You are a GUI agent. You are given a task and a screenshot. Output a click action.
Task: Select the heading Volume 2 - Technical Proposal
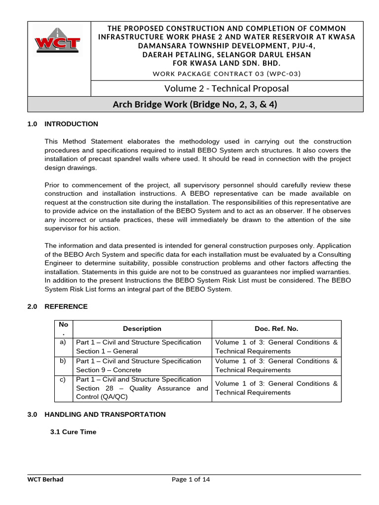pos(227,88)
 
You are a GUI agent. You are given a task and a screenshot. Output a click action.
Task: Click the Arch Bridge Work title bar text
pos(195,104)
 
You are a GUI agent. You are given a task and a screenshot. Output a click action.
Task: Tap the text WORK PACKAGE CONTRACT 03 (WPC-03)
pos(227,73)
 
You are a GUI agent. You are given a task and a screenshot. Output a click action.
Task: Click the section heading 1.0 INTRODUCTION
pos(63,124)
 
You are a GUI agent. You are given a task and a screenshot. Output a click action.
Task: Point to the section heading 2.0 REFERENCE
pos(58,306)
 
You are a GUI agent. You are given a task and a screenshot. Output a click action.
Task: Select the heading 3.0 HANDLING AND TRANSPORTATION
pos(97,414)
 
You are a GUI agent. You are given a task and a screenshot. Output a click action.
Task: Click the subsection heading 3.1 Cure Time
pos(74,432)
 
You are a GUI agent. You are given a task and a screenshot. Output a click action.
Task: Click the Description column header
pos(142,328)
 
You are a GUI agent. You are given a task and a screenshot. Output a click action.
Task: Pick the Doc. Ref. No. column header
pos(276,328)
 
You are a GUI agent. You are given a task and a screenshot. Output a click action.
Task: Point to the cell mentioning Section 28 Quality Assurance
pos(142,388)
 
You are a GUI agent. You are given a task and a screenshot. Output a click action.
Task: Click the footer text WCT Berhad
pos(45,479)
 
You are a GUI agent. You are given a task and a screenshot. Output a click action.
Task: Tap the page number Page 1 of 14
pos(191,479)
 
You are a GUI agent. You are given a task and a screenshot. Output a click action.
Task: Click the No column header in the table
pos(63,328)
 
